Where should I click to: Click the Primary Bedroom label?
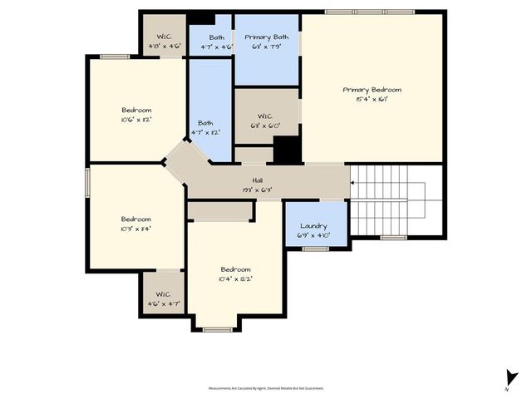coord(372,90)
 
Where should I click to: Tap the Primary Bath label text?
coord(266,37)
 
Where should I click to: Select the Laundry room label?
coord(313,227)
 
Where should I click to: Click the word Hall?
coord(258,181)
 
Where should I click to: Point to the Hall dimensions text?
coord(258,190)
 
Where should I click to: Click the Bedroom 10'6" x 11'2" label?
coord(136,110)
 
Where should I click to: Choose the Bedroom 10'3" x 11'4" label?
coord(136,219)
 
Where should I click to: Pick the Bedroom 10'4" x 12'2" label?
coord(235,269)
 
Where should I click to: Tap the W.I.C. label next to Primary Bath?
coord(266,116)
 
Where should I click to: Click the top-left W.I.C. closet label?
coord(164,37)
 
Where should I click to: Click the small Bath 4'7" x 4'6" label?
coord(216,37)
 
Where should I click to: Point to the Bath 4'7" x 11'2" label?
coord(205,123)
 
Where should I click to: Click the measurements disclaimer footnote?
coord(266,388)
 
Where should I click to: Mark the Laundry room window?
coord(315,248)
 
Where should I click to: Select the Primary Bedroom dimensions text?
coord(372,99)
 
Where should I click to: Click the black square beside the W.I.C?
coord(287,150)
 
